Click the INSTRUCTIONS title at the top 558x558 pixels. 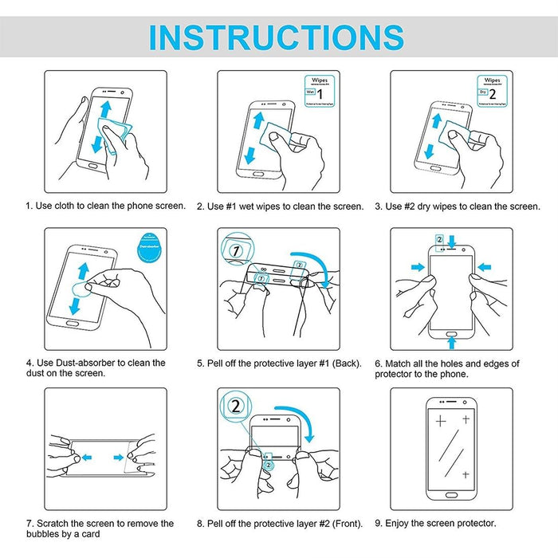click(277, 37)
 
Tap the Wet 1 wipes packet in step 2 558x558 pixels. click(317, 92)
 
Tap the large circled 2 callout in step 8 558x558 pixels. click(235, 407)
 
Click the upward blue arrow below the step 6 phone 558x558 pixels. click(451, 342)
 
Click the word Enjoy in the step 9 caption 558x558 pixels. click(401, 524)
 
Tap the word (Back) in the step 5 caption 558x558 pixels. click(344, 363)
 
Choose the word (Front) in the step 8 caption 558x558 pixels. click(344, 524)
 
